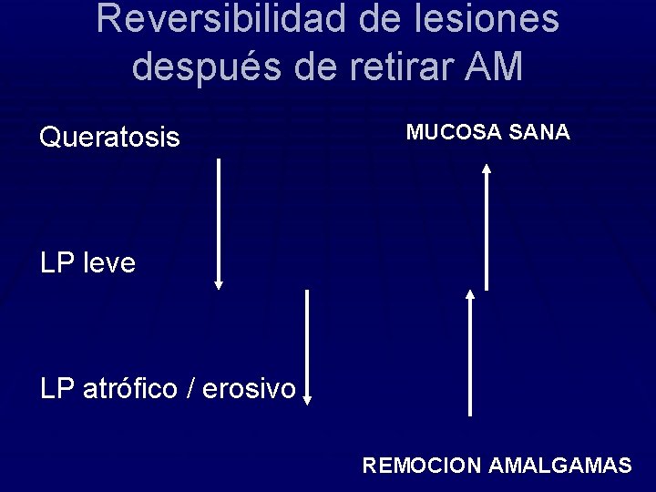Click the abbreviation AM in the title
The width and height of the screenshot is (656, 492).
[x=497, y=66]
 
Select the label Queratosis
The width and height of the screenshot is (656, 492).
[x=109, y=138]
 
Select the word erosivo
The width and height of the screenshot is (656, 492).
[x=248, y=389]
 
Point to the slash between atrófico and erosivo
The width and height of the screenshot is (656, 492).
[x=190, y=389]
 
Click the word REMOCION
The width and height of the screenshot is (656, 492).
[x=421, y=466]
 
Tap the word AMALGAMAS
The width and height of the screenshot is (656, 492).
[x=559, y=466]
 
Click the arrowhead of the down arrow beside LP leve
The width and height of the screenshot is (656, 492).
[x=218, y=284]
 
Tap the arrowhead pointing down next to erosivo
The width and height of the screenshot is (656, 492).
[x=307, y=398]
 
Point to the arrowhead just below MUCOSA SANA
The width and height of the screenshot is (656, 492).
[x=487, y=168]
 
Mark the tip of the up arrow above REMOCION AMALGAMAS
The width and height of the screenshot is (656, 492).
[x=470, y=294]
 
